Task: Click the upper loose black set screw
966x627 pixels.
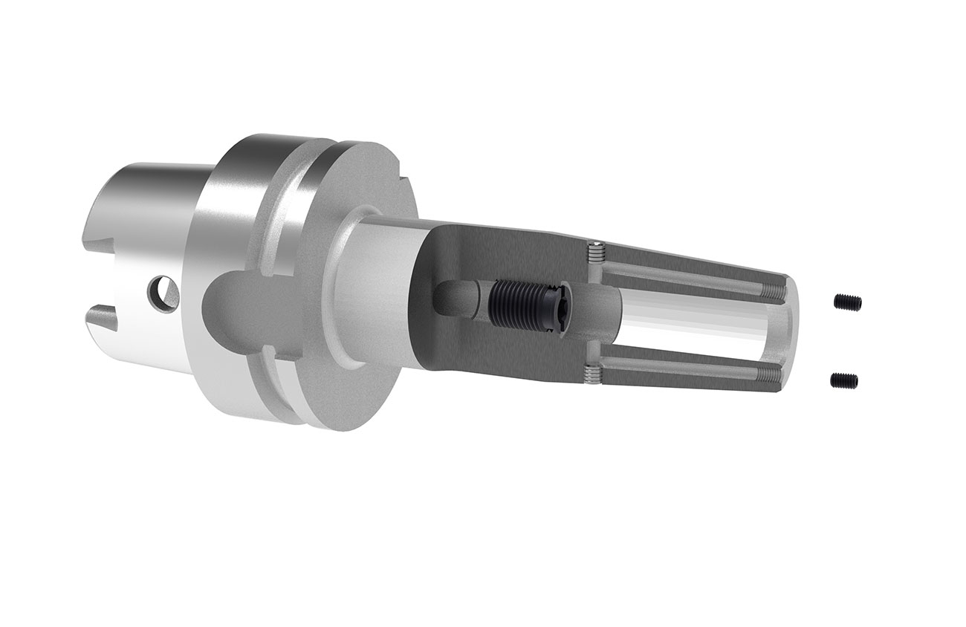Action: pos(848,302)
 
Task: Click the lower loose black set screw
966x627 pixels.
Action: pos(844,380)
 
